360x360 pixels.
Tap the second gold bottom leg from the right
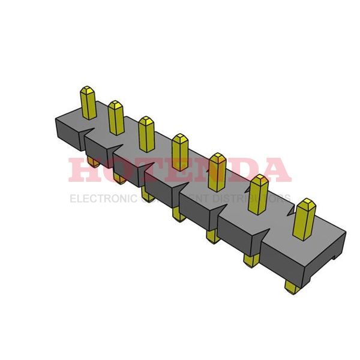coord(251,260)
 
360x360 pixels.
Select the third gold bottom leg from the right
coord(212,236)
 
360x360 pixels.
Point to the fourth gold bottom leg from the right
coord(178,214)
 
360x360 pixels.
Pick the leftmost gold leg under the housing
coord(93,162)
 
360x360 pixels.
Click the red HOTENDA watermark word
coord(180,170)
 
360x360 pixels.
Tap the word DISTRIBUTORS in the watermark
coord(255,199)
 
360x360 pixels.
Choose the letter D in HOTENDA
coord(245,170)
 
